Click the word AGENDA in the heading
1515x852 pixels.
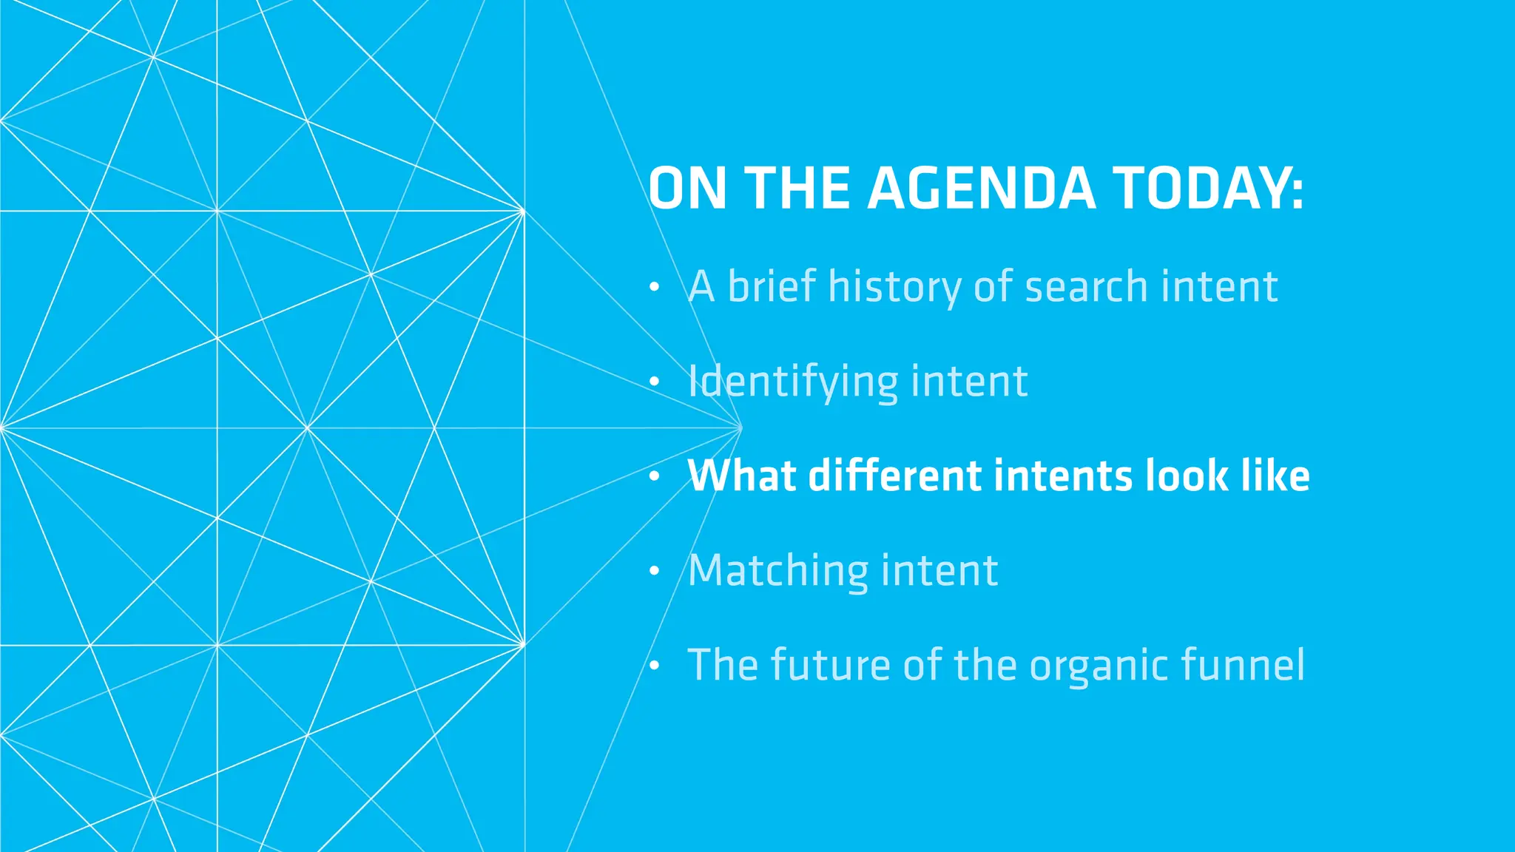981,189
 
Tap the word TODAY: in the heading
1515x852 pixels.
1208,189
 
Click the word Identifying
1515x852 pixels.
793,382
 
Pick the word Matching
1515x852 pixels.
778,571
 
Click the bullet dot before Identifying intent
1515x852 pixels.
654,382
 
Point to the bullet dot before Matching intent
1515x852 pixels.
654,572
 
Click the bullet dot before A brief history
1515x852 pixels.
654,288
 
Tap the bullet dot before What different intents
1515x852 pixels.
654,477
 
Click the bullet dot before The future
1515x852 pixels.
654,666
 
